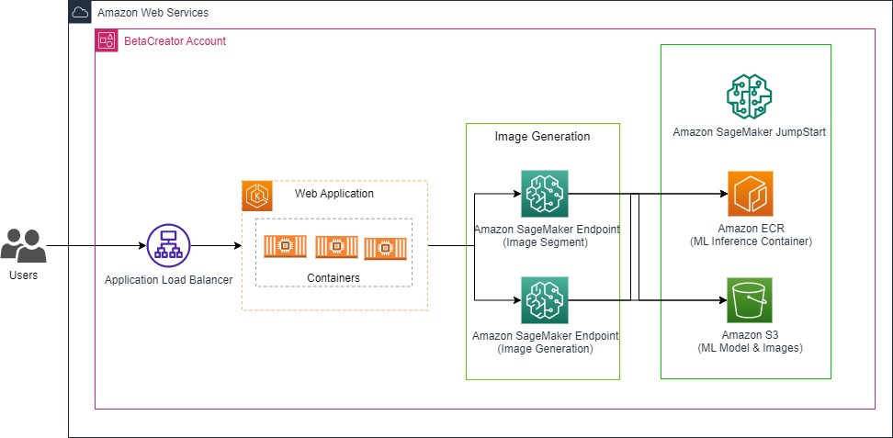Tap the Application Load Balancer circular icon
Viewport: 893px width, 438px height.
pyautogui.click(x=168, y=246)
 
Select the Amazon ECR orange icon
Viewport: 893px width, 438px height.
pyautogui.click(x=750, y=194)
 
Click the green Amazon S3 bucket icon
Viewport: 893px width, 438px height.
pyautogui.click(x=750, y=300)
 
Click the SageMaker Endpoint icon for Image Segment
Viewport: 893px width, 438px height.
pyautogui.click(x=543, y=194)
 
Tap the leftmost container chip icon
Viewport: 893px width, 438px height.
pyautogui.click(x=285, y=246)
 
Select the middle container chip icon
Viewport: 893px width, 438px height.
pyautogui.click(x=335, y=246)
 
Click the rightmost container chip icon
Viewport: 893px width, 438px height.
pyautogui.click(x=384, y=248)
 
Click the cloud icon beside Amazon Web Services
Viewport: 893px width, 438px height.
pyautogui.click(x=80, y=12)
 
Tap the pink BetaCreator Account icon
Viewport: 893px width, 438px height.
pyautogui.click(x=107, y=40)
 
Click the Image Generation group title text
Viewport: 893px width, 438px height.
pyautogui.click(x=542, y=136)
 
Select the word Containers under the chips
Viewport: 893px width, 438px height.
pyautogui.click(x=333, y=277)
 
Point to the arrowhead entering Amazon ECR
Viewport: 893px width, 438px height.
pyautogui.click(x=721, y=194)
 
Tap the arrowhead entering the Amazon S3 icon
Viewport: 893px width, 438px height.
pyautogui.click(x=721, y=300)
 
